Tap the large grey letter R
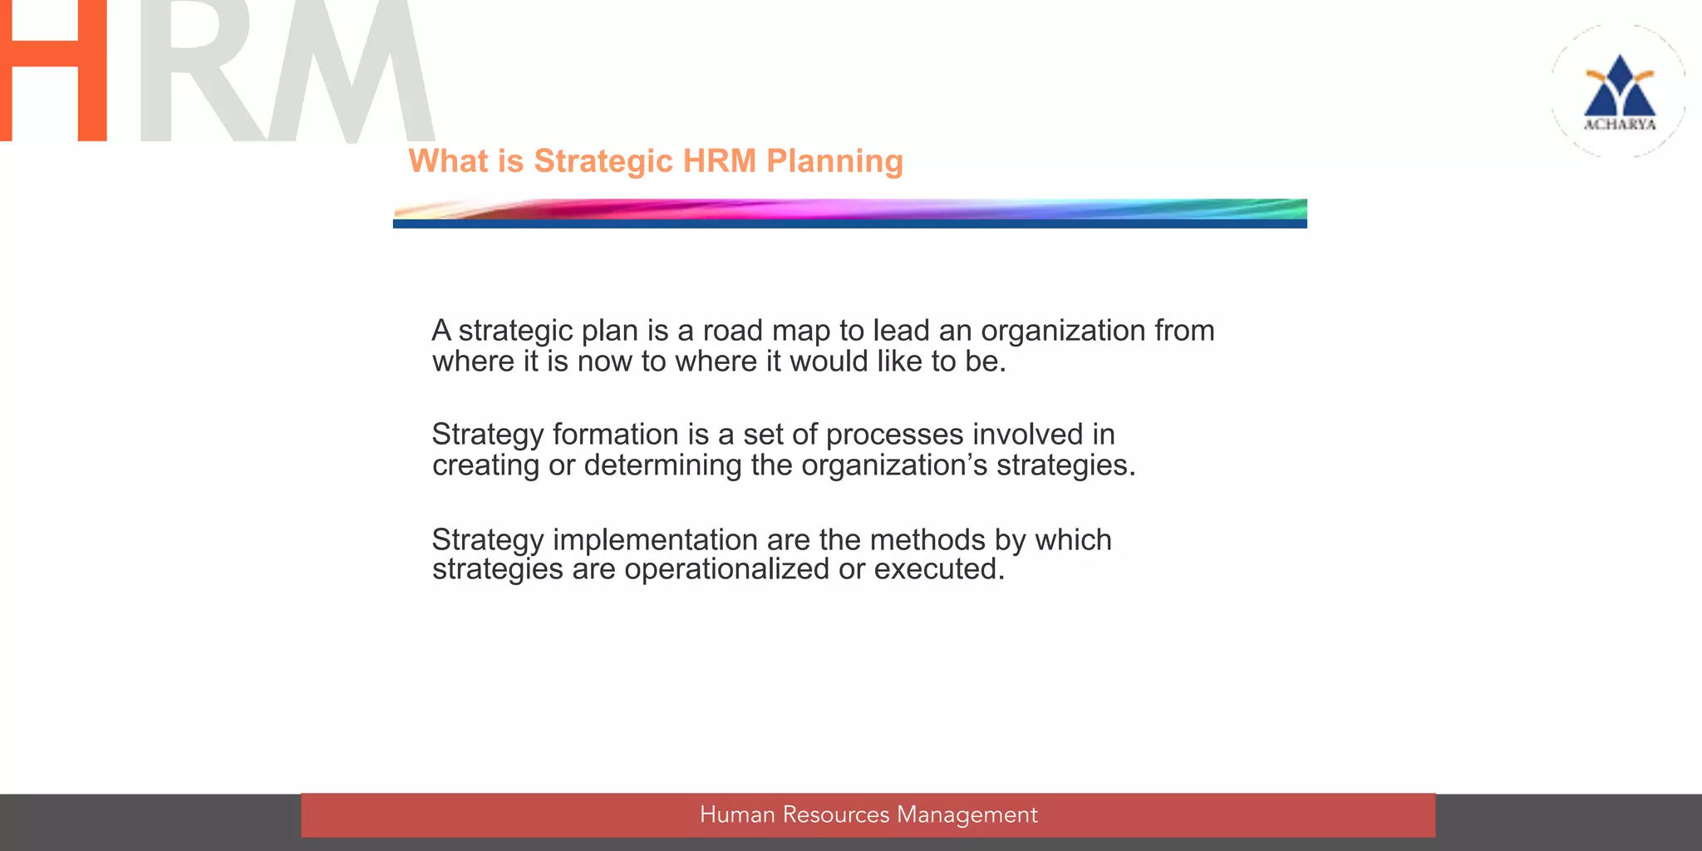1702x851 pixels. pos(195,71)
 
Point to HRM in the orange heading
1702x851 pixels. pos(720,161)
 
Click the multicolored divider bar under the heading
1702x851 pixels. pos(849,214)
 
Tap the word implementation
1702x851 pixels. pos(656,540)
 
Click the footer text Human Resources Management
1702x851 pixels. pos(868,814)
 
